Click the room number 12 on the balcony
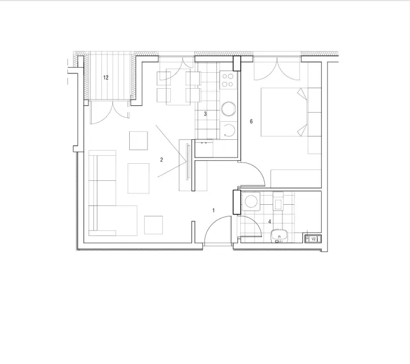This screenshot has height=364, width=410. (x=106, y=77)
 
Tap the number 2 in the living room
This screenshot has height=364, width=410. (x=161, y=160)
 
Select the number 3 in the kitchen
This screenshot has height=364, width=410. (x=205, y=114)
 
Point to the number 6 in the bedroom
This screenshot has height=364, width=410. (x=251, y=121)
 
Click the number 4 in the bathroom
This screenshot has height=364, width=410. (x=269, y=222)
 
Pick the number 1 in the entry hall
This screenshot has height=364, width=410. (x=214, y=210)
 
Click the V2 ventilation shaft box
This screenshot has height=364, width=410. (x=313, y=239)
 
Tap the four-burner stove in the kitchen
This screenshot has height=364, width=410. (x=228, y=80)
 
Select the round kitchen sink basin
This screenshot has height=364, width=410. (x=228, y=109)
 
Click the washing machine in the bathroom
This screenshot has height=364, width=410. (x=251, y=201)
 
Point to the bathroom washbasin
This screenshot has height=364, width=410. (x=279, y=236)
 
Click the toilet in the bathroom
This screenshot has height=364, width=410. (x=278, y=201)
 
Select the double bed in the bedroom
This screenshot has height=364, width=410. (x=284, y=112)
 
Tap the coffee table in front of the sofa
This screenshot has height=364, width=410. (x=138, y=179)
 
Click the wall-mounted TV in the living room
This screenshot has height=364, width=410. (x=187, y=162)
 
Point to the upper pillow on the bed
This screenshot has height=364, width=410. (x=302, y=93)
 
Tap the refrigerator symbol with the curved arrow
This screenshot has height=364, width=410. (x=229, y=130)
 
